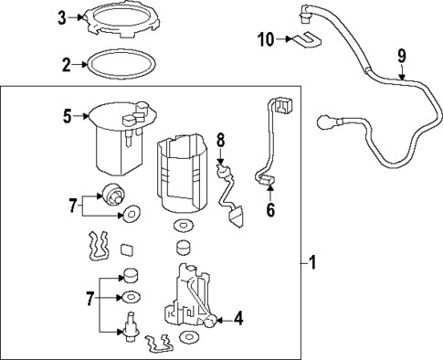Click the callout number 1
tap(312, 264)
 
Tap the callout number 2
tap(66, 65)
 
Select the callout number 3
tap(61, 17)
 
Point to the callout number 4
tap(238, 319)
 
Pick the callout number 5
tap(66, 116)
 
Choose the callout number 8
tap(220, 140)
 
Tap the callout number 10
tap(265, 39)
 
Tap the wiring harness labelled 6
tap(271, 142)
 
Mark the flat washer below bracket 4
tap(190, 339)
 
